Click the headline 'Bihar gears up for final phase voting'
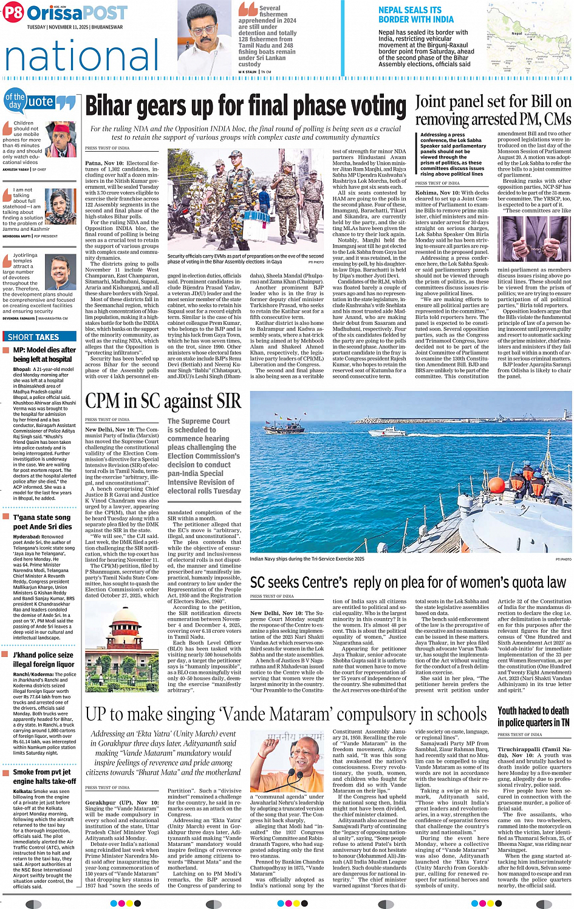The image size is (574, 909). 246,106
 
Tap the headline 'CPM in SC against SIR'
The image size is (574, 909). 163,401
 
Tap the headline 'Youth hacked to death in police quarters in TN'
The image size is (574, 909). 533,717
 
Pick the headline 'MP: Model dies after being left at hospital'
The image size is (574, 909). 44,355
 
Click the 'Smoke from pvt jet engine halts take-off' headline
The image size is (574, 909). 44,777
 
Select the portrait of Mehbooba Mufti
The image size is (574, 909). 61,206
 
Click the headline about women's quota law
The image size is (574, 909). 408,583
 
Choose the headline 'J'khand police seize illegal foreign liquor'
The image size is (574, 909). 43,659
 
